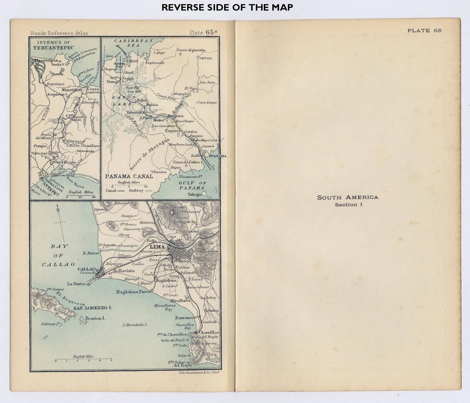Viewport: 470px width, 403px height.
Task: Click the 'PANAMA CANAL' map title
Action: point(125,176)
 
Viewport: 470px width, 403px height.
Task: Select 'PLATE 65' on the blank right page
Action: point(424,30)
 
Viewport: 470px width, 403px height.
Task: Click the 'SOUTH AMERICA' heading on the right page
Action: point(348,197)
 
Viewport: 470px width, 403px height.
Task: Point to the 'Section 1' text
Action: point(348,204)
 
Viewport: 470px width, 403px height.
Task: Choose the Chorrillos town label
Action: point(209,332)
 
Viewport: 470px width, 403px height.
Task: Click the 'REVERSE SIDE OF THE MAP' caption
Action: point(227,7)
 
